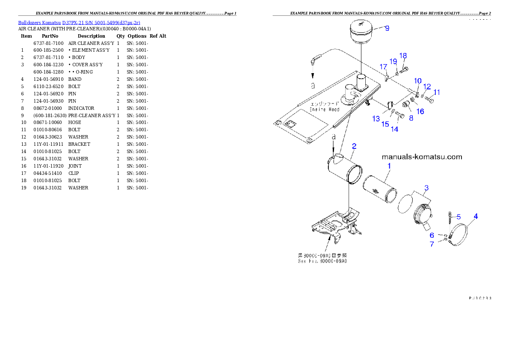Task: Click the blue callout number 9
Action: point(387,28)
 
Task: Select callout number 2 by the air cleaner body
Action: point(354,146)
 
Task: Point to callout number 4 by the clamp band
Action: point(476,216)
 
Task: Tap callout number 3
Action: point(426,188)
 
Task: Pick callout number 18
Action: point(403,56)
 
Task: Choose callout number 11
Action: point(437,92)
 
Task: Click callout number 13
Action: point(376,118)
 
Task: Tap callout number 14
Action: point(394,129)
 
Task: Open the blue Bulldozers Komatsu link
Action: point(79,23)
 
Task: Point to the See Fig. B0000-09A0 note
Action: point(323,258)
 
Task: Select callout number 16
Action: point(420,112)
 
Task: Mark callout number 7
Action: point(432,244)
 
